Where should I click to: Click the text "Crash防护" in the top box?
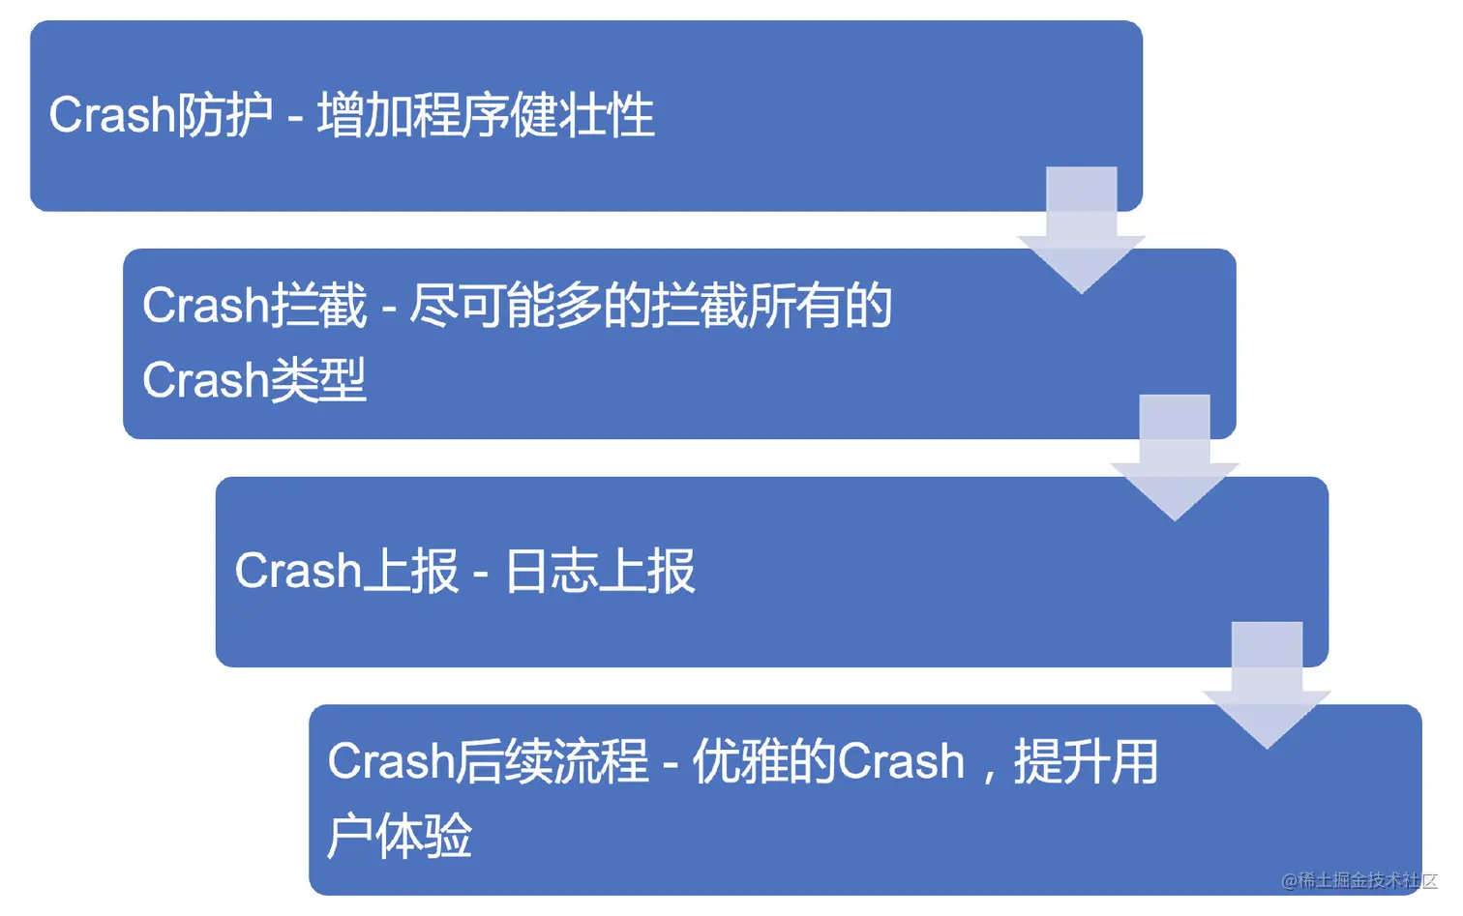click(161, 115)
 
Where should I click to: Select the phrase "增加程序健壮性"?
click(486, 115)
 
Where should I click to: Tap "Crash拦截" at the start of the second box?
click(254, 306)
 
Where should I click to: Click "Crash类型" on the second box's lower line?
click(254, 379)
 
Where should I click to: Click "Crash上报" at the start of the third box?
click(346, 571)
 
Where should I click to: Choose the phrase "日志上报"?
click(600, 571)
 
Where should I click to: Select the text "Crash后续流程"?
click(488, 761)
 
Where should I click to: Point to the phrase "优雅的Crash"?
click(828, 761)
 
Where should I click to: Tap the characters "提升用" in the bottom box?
click(1086, 761)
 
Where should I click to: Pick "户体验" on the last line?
click(400, 836)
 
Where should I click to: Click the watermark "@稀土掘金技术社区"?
click(1358, 880)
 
